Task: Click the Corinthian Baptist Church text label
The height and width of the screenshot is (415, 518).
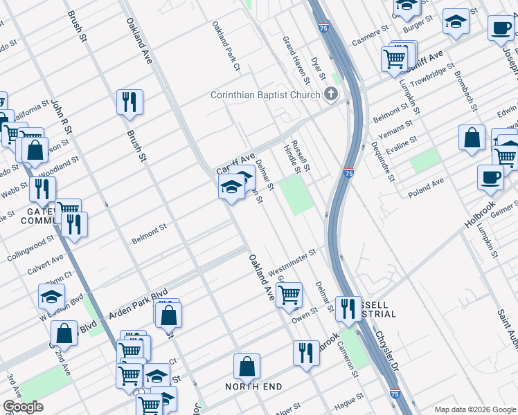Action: click(265, 95)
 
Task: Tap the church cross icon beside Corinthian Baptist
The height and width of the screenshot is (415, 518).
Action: click(332, 95)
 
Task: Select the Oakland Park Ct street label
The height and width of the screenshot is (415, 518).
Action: click(227, 46)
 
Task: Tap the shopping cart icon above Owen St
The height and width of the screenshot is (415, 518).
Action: click(289, 294)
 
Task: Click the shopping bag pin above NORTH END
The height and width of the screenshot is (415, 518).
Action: click(247, 367)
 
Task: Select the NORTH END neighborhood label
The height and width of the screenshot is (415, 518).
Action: click(254, 387)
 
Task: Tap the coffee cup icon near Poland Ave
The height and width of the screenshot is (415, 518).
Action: click(490, 177)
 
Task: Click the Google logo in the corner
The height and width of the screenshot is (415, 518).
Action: click(24, 407)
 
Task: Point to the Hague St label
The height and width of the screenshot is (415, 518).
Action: click(350, 400)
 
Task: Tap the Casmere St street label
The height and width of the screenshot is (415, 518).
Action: click(370, 35)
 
